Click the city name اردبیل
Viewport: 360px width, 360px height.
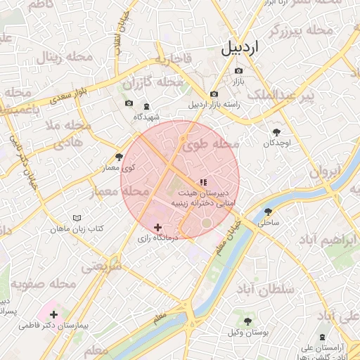point(240,49)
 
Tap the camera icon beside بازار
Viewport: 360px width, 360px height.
point(238,71)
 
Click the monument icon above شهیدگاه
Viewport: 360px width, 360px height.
point(146,106)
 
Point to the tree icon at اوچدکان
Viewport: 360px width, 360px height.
point(276,131)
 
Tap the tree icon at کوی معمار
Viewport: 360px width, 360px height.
point(119,157)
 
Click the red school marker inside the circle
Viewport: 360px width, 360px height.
point(203,182)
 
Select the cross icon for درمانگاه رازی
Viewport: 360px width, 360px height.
point(157,227)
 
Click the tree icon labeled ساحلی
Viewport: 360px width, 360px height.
point(268,211)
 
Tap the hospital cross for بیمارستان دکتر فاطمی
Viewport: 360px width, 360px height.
point(54,314)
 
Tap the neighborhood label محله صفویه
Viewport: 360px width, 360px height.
point(43,285)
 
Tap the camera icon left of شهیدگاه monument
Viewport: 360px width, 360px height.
point(129,103)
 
